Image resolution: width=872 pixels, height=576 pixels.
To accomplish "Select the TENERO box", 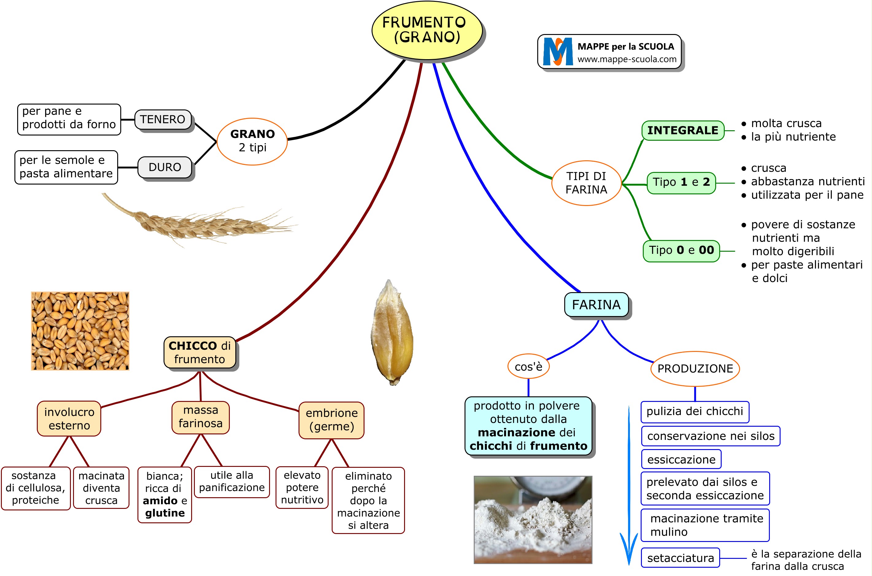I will click(163, 119).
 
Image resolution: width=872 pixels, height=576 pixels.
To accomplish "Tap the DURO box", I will click(165, 167).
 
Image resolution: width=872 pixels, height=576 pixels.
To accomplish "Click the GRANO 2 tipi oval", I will click(252, 141).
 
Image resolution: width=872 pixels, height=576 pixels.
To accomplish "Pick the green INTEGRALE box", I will click(682, 130).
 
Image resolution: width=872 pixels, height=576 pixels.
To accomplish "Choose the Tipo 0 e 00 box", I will click(681, 250).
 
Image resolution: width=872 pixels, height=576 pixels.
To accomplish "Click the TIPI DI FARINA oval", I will click(586, 183).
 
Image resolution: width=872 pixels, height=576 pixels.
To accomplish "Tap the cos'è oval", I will click(528, 366).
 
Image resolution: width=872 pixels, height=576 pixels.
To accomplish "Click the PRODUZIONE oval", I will click(695, 368).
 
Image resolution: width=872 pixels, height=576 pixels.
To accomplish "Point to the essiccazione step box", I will click(681, 459).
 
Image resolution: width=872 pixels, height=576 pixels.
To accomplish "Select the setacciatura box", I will click(680, 558).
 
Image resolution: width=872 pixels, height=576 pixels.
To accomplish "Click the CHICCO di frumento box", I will click(200, 352).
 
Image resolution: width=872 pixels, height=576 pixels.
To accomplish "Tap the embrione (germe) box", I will click(331, 420).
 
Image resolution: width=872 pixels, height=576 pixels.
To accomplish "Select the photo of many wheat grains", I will click(80, 331).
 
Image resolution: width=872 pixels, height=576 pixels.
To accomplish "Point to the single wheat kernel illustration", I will click(392, 332).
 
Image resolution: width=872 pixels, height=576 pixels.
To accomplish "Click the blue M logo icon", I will click(558, 51).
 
